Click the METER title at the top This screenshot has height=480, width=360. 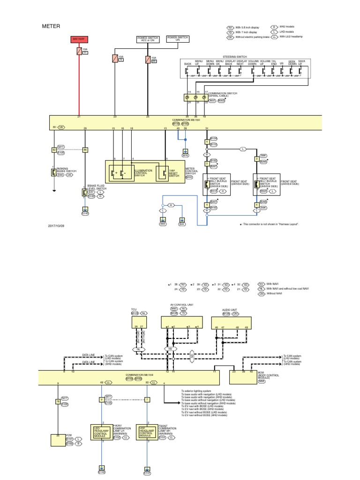coord(52,27)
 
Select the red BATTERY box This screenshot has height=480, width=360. coord(78,38)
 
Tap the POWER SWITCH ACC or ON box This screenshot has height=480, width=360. coord(148,38)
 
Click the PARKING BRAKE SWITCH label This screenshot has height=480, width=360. coord(63,170)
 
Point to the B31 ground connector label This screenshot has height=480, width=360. coord(182,224)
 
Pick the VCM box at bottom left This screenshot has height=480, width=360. coord(58,441)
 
